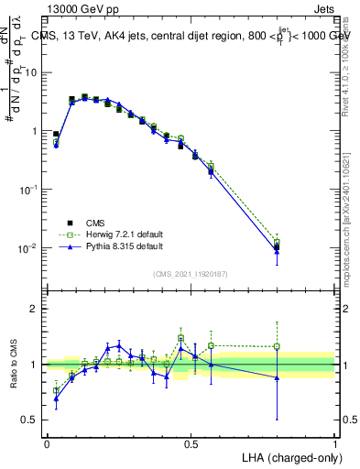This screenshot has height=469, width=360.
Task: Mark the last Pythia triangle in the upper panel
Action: click(277, 251)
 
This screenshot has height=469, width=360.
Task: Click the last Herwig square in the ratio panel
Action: click(277, 347)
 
